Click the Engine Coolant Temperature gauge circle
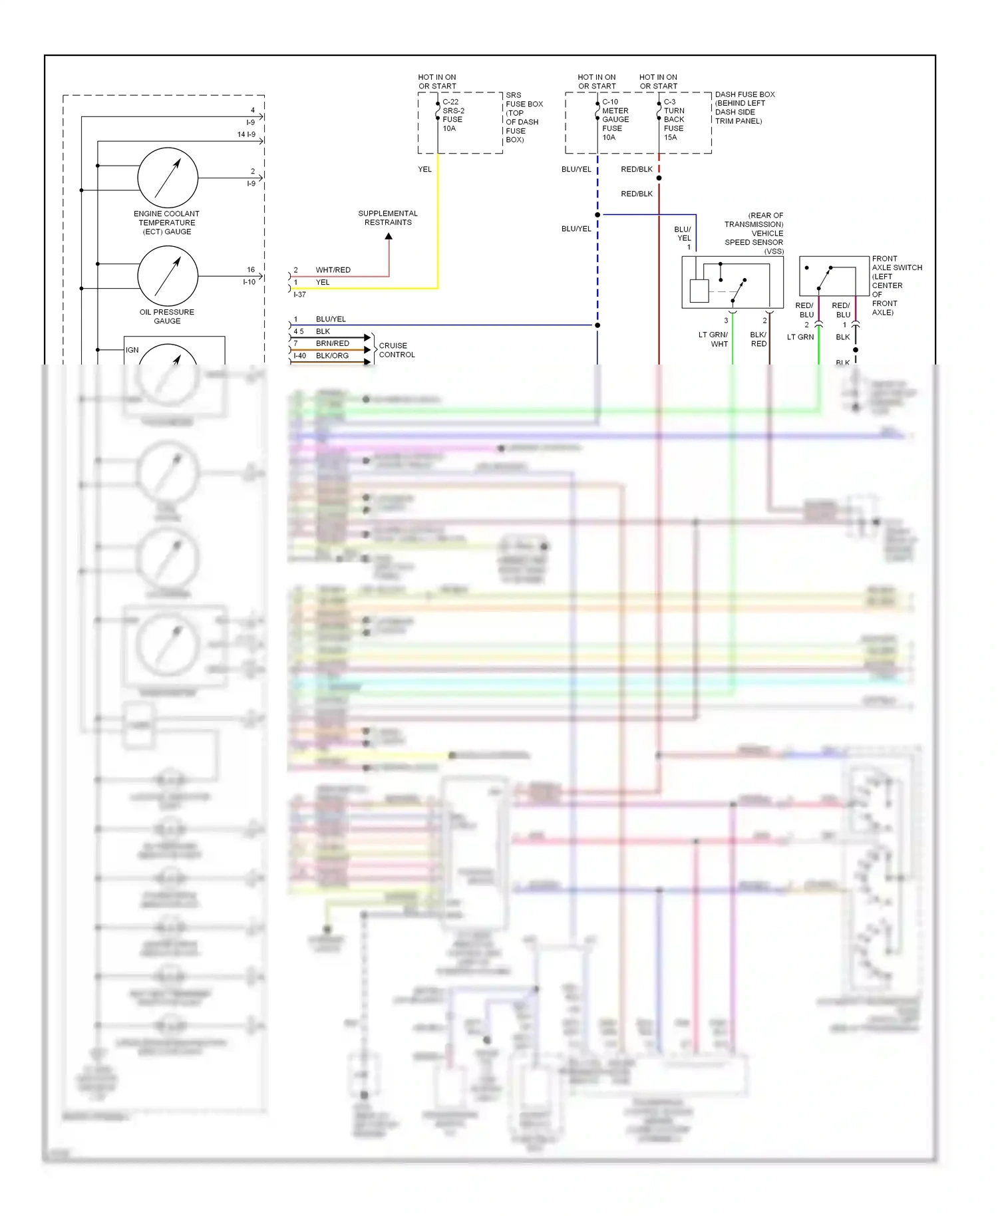[168, 178]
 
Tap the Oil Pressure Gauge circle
[168, 276]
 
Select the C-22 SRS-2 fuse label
[453, 115]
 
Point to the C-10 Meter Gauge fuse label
[615, 120]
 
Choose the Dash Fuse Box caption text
[744, 108]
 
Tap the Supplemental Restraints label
[388, 218]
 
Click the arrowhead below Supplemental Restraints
[389, 236]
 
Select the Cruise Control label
[397, 351]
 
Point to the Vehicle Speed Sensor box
[732, 282]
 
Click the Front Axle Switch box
[835, 276]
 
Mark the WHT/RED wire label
[333, 270]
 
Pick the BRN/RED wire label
[332, 343]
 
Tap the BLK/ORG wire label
[332, 356]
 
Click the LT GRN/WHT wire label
[713, 339]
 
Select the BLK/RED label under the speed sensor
[758, 339]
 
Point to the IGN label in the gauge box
[132, 350]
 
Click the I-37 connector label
[299, 294]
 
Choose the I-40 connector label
[299, 356]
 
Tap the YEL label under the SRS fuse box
[424, 170]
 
